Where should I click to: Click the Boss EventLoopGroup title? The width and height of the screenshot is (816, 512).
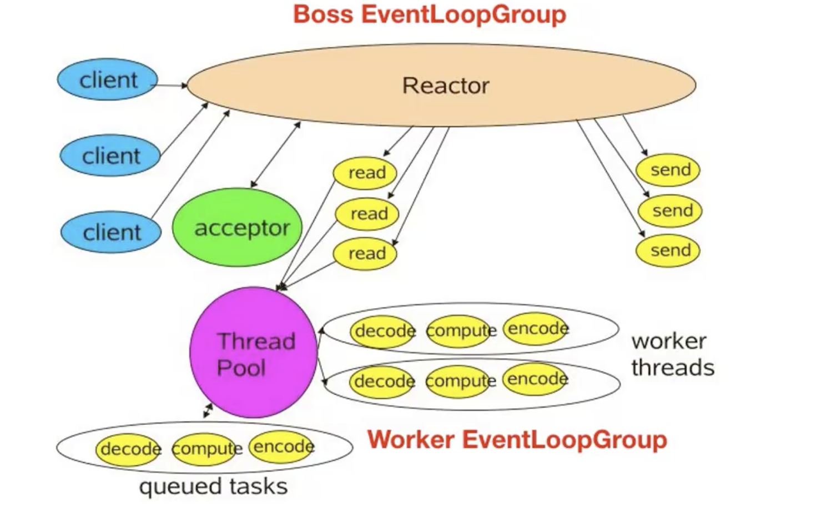click(429, 14)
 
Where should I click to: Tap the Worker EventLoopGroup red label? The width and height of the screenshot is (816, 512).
click(517, 440)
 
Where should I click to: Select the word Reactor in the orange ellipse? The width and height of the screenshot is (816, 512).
click(446, 86)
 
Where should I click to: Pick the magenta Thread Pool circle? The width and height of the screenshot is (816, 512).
click(254, 353)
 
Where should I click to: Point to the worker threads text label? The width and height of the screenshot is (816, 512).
click(672, 354)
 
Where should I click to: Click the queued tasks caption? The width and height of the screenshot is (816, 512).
click(213, 486)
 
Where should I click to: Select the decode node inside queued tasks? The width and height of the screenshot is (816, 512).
click(129, 448)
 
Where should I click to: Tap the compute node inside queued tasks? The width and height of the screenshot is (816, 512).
click(206, 448)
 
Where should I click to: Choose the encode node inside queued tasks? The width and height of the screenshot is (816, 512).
click(283, 446)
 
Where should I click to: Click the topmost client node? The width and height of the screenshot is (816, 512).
click(108, 80)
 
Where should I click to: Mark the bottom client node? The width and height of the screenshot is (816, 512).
click(111, 232)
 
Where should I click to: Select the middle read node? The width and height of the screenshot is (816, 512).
click(368, 213)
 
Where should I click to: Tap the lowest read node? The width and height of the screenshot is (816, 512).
click(366, 253)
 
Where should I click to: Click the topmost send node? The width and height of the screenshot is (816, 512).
click(669, 170)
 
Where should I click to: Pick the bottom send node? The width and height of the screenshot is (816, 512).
click(669, 250)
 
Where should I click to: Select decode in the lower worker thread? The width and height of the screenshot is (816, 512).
click(384, 382)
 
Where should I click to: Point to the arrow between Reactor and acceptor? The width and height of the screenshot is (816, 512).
click(275, 154)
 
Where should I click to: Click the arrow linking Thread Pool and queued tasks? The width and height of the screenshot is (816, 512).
click(208, 411)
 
